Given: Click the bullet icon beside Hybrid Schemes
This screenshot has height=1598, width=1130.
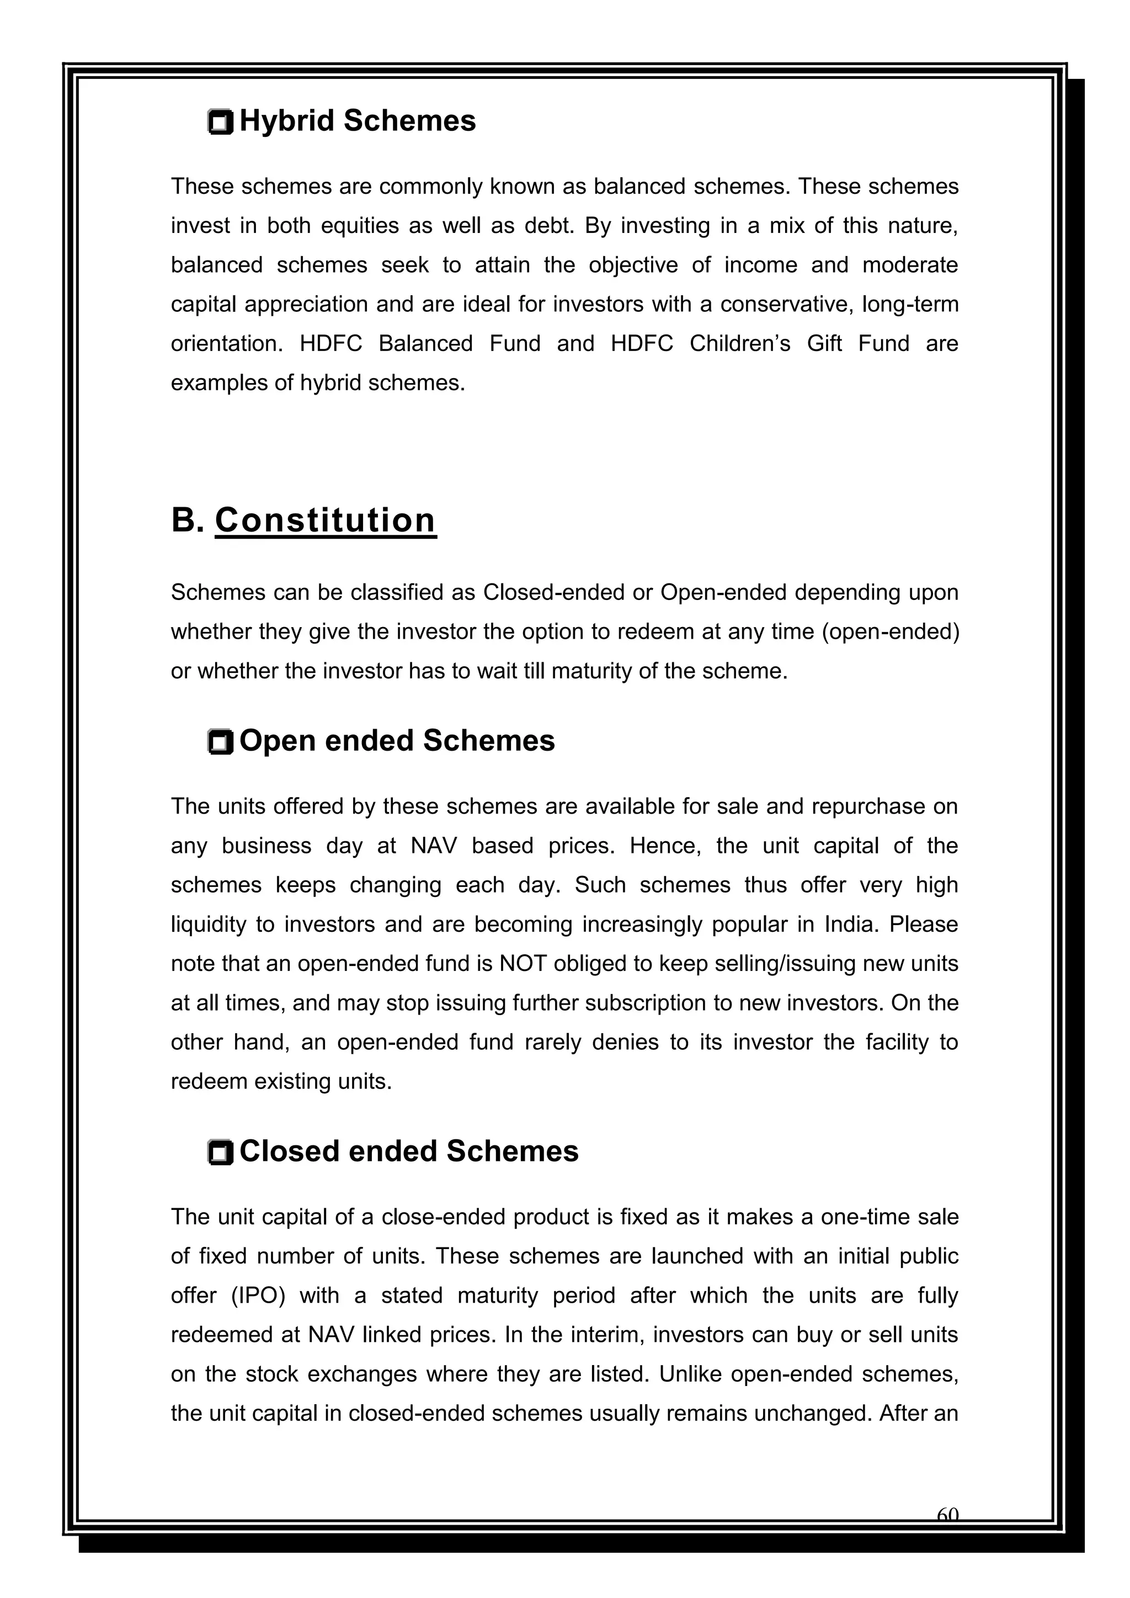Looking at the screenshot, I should click(221, 123).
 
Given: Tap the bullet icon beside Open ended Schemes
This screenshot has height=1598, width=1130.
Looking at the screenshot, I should click(221, 742).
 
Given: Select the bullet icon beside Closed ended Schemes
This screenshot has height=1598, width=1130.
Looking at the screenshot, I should click(221, 1153).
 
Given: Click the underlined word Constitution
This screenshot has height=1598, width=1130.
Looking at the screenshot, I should click(325, 521).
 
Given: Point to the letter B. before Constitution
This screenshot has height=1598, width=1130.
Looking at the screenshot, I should click(186, 521).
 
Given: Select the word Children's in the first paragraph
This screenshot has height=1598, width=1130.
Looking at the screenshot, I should click(740, 344).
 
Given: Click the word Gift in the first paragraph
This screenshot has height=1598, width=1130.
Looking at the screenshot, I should click(824, 344).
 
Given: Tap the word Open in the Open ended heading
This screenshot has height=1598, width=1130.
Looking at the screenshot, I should click(278, 741).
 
